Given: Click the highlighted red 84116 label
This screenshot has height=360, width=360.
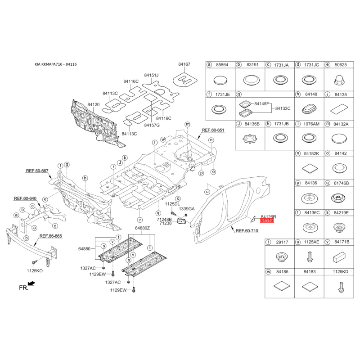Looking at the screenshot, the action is pyautogui.click(x=267, y=220).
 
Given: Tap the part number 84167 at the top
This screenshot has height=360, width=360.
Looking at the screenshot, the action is pyautogui.click(x=184, y=64).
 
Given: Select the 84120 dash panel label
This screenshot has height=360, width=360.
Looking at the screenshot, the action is pyautogui.click(x=94, y=105).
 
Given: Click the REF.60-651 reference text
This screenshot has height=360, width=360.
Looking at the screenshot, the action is pyautogui.click(x=213, y=130).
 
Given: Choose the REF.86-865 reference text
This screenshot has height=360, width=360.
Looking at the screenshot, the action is pyautogui.click(x=51, y=236).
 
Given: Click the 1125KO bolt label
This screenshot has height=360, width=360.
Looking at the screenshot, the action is pyautogui.click(x=35, y=271).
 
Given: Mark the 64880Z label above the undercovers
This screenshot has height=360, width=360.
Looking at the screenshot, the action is pyautogui.click(x=142, y=228).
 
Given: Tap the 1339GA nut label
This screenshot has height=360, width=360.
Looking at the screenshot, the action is pyautogui.click(x=187, y=209).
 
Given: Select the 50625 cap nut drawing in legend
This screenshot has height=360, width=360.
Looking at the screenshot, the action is pyautogui.click(x=339, y=80).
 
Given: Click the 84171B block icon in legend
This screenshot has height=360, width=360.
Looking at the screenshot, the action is pyautogui.click(x=339, y=257).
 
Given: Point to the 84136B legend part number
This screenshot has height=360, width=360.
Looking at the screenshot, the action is pyautogui.click(x=252, y=124).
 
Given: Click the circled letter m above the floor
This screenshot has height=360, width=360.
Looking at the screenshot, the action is pyautogui.click(x=188, y=124).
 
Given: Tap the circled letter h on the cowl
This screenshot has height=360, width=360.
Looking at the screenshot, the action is pyautogui.click(x=85, y=178).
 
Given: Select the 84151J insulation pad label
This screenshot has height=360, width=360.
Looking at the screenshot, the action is pyautogui.click(x=151, y=75).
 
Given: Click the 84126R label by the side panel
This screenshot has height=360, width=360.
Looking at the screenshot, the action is pyautogui.click(x=268, y=217).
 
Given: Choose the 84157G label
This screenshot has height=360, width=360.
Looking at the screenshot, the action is pyautogui.click(x=152, y=126).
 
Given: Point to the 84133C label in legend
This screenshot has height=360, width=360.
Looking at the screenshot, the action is pyautogui.click(x=283, y=108).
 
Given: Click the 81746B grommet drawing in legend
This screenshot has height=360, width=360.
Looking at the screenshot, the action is pyautogui.click(x=339, y=198).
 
